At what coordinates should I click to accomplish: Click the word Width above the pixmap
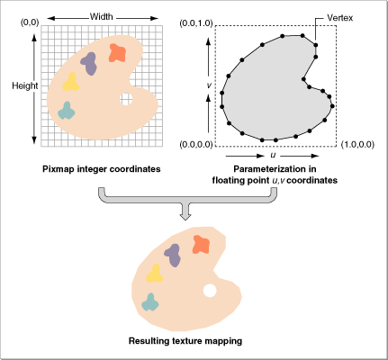point(102,16)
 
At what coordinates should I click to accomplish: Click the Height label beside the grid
point(25,85)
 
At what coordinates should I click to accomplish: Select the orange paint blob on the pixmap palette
point(117,53)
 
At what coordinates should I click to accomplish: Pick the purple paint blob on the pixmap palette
point(89,63)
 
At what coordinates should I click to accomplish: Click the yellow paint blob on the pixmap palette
point(71,82)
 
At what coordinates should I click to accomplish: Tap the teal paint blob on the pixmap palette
point(67,111)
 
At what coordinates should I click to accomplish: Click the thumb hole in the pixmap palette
point(126,99)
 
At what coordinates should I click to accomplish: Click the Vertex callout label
point(340,18)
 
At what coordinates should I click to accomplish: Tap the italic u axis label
point(273,156)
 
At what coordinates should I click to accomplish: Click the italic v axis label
point(209,85)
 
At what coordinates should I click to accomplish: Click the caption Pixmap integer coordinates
point(102,169)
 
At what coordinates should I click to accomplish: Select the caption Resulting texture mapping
point(185,341)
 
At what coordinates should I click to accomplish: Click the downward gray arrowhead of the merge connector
point(185,217)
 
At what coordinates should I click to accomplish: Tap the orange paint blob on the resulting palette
point(201,245)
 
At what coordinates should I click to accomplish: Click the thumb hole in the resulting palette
point(210,291)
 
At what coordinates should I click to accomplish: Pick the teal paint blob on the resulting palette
point(150,302)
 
